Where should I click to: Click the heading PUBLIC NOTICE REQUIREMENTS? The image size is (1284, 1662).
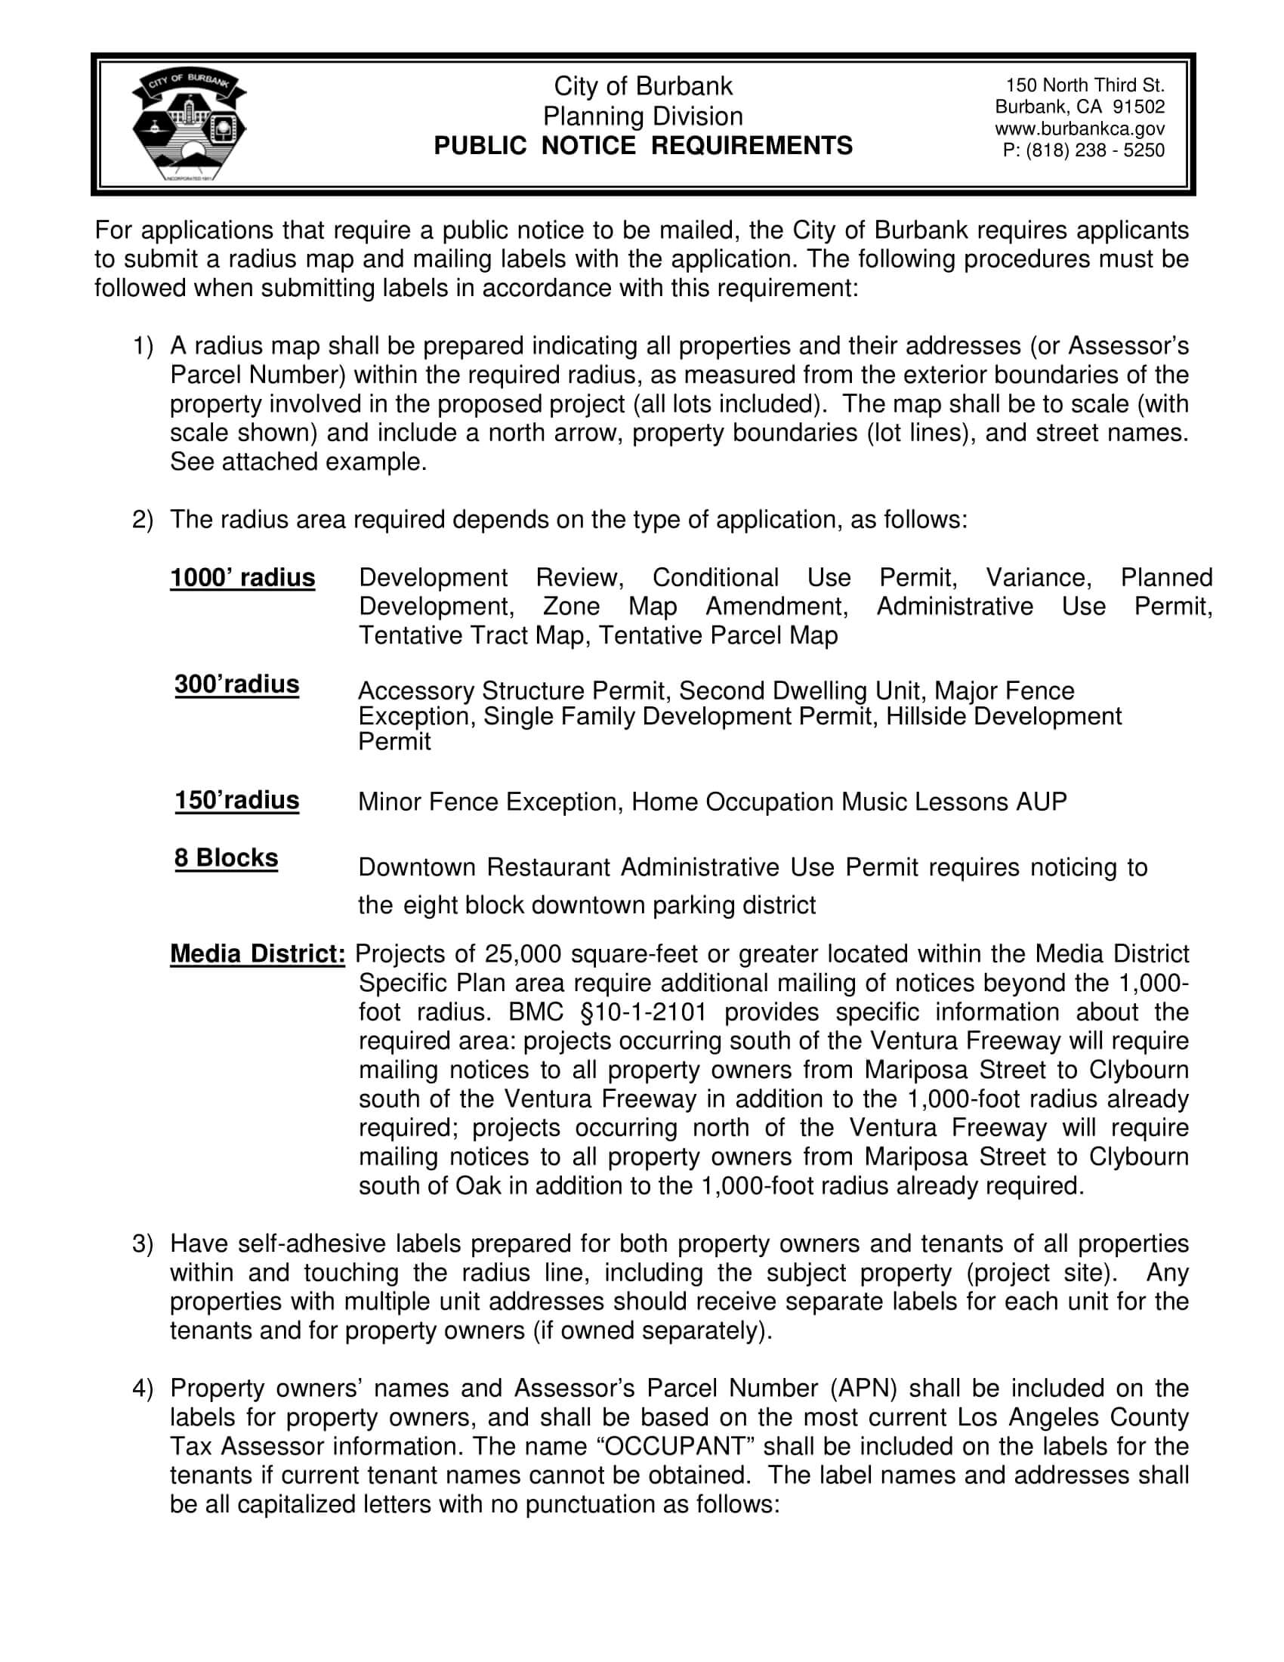[x=643, y=145]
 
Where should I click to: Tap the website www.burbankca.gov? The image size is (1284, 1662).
[x=1079, y=129]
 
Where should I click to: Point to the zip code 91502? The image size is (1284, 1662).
[x=1138, y=107]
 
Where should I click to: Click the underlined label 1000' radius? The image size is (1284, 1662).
[x=242, y=578]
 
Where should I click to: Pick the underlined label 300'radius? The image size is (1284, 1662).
[x=236, y=684]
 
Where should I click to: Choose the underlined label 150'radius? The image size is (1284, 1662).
[x=236, y=800]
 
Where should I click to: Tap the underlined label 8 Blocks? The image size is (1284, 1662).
[x=226, y=857]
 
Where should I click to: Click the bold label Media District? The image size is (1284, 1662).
[x=257, y=953]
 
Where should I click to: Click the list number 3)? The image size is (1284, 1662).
[x=143, y=1243]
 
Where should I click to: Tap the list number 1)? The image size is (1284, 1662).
[x=143, y=346]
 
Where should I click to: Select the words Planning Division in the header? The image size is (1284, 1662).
[x=643, y=116]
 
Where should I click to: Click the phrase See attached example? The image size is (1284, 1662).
[x=298, y=462]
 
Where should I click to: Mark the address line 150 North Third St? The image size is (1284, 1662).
[x=1085, y=85]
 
